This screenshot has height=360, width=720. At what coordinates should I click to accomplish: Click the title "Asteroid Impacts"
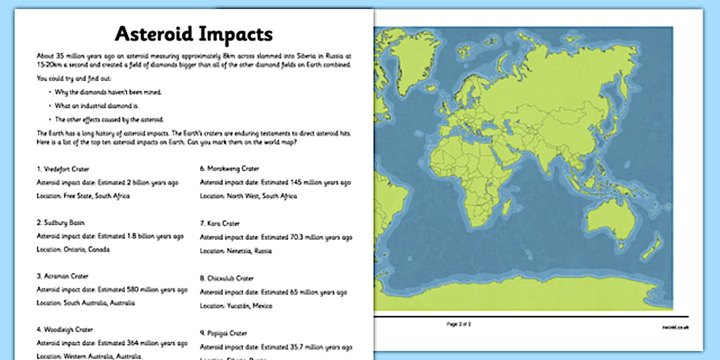tap(194, 34)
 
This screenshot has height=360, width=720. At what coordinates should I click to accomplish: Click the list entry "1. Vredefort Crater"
tap(63, 169)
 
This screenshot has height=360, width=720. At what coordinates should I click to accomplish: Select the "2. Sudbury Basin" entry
tap(61, 222)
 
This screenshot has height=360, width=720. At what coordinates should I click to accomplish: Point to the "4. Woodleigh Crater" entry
tap(65, 330)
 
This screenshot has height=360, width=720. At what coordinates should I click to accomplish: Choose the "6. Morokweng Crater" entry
tap(229, 169)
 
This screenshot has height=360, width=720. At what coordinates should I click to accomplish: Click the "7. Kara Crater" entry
tap(219, 223)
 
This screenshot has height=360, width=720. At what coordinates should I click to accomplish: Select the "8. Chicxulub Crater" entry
tap(226, 278)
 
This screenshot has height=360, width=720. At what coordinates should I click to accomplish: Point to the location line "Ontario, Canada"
tap(73, 250)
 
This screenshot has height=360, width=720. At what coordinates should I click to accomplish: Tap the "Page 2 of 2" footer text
tap(459, 324)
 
